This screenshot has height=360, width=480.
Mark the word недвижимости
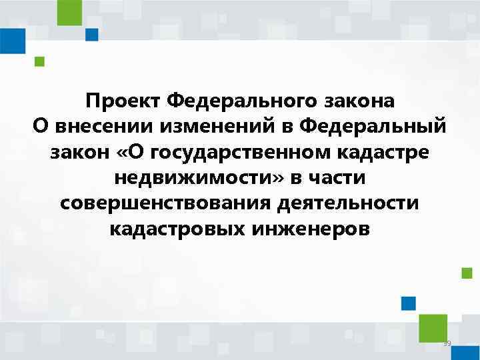point(189,178)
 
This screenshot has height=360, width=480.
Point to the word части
point(336,178)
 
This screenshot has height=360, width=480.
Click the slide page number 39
point(447,343)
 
